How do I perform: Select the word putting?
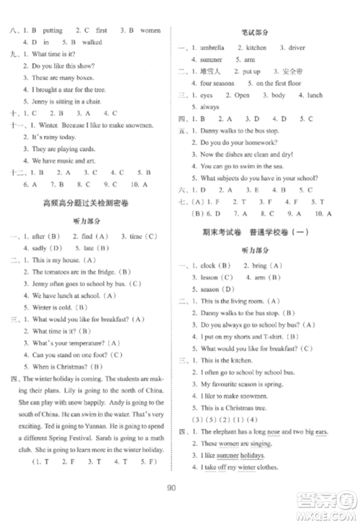tap(53, 30)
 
